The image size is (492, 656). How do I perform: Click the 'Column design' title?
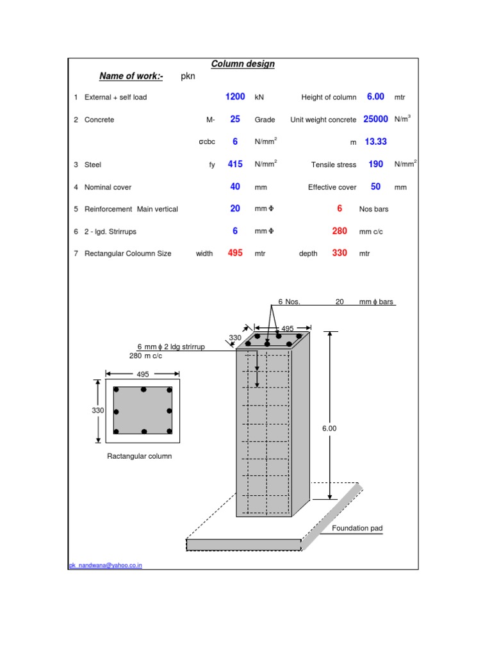coord(243,64)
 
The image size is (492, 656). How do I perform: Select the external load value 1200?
coord(235,97)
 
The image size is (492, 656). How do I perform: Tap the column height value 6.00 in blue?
coord(375,97)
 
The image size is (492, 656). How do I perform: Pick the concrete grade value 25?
coord(235,119)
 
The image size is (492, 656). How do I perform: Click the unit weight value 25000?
coord(375,119)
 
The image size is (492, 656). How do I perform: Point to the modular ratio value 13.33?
coord(375,142)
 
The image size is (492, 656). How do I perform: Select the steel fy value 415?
coord(235,164)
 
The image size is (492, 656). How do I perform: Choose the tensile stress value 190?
coord(375,164)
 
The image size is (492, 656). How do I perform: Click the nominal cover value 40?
coord(235,186)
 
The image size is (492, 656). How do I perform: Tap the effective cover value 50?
coord(375,186)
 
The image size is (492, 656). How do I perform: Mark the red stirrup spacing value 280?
coord(340,231)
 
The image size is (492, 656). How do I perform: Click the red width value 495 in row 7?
coord(235,253)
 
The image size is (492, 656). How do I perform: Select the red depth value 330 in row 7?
coord(340,253)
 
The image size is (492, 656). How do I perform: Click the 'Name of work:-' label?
coord(131,77)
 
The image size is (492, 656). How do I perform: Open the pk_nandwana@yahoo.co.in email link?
coord(106,566)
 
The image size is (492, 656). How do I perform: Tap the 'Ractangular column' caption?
coord(140,456)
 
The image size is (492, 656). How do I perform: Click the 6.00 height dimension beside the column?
coord(329,429)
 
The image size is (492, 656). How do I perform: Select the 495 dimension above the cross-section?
coord(143,373)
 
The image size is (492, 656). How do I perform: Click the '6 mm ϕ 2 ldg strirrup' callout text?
coord(171,347)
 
